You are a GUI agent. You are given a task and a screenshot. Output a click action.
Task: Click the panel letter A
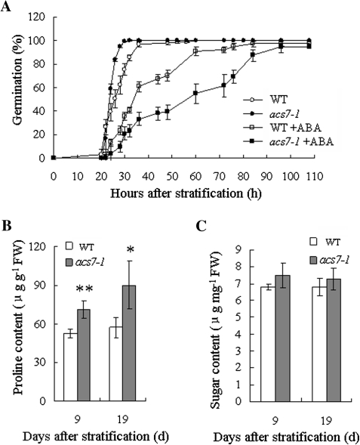[7, 6]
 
